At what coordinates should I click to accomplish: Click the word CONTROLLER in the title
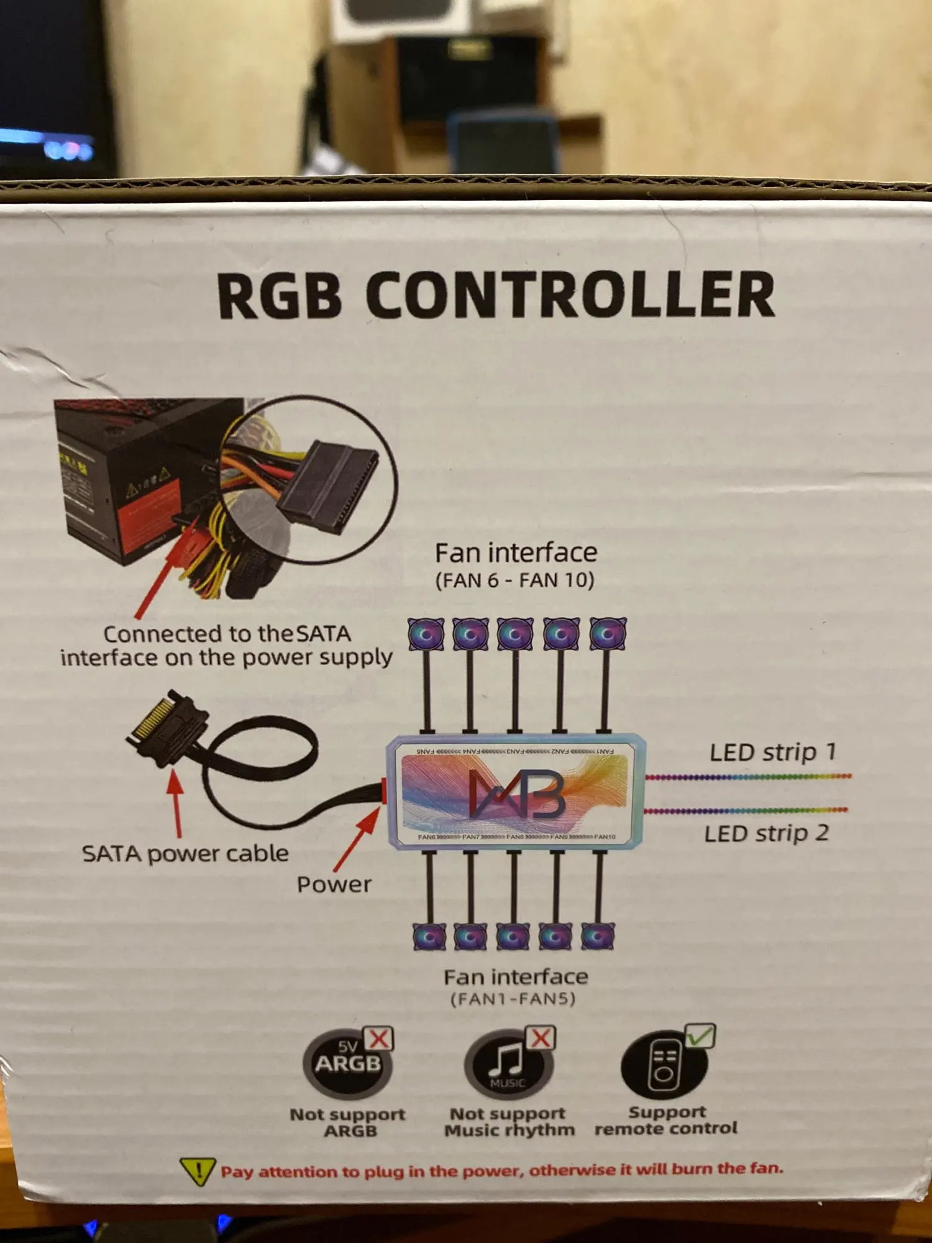570,296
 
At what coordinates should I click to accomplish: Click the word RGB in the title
280,296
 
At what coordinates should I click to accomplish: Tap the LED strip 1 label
773,752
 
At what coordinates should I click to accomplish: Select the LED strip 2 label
767,833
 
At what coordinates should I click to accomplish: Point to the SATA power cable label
185,854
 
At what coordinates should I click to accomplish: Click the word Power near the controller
334,884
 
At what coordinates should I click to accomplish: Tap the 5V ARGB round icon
347,1064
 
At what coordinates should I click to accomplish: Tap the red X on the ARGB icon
378,1039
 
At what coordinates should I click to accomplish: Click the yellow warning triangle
198,1172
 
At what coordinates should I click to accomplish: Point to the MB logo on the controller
516,794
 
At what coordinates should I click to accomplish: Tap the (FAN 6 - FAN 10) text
514,580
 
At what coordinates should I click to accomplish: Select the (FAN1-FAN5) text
513,999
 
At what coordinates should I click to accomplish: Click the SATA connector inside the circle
326,485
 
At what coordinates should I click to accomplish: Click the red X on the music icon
541,1037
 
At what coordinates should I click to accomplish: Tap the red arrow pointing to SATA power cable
176,802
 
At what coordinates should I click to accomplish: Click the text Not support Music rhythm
509,1122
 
